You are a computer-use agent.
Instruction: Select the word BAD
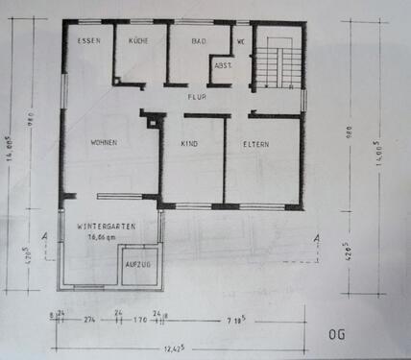coord(199,41)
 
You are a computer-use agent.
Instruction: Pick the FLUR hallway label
coord(197,97)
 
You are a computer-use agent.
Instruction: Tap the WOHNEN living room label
coord(104,143)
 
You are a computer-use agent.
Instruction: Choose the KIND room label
coord(189,144)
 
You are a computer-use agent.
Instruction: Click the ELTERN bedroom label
coord(255,144)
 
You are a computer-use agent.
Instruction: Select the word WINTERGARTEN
coord(106,226)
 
